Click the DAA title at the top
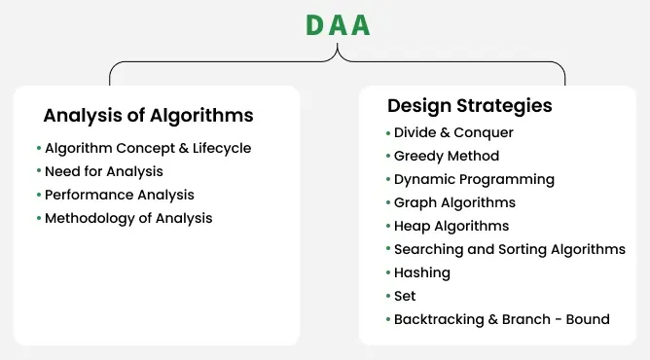pyautogui.click(x=338, y=25)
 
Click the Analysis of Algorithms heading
pyautogui.click(x=148, y=116)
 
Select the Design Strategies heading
pyautogui.click(x=469, y=105)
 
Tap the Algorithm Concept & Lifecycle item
pyautogui.click(x=148, y=149)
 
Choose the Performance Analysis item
pyautogui.click(x=120, y=196)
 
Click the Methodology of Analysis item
pyautogui.click(x=128, y=219)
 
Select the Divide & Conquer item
pyautogui.click(x=453, y=132)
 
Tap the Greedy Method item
pyautogui.click(x=447, y=156)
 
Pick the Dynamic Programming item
pyautogui.click(x=474, y=179)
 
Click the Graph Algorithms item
pyautogui.click(x=454, y=202)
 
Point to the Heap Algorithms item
pyautogui.click(x=451, y=226)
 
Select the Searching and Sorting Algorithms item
pyautogui.click(x=509, y=249)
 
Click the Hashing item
pyautogui.click(x=422, y=272)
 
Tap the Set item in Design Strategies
pyautogui.click(x=406, y=296)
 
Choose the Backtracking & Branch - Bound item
pyautogui.click(x=501, y=319)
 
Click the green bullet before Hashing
pyautogui.click(x=387, y=272)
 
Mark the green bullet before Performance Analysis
pyautogui.click(x=39, y=195)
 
